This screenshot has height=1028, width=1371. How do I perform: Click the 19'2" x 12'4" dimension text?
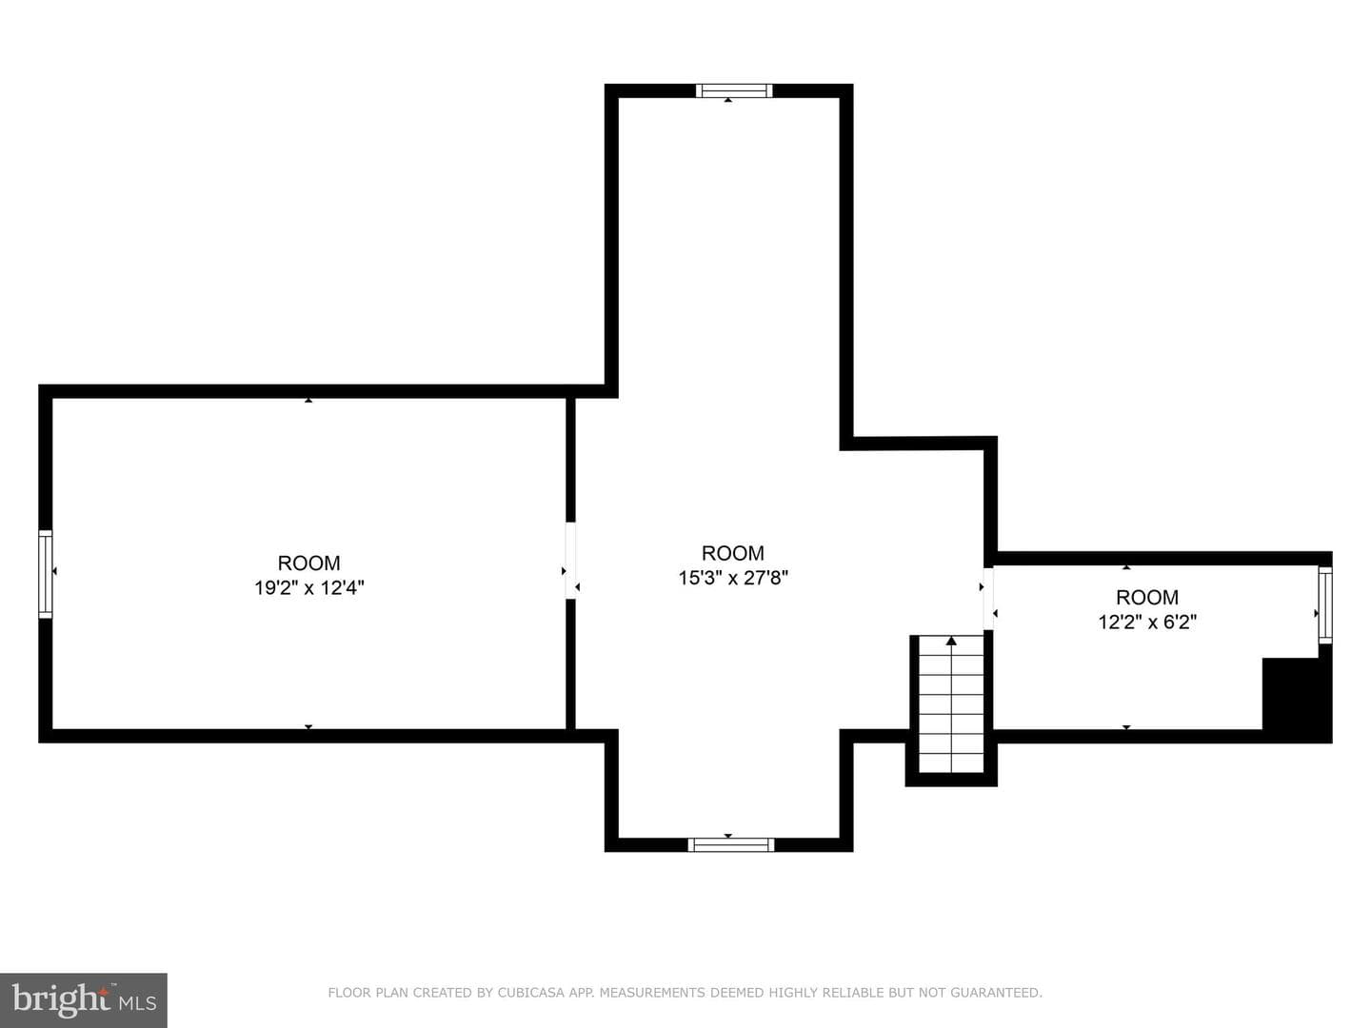point(309,588)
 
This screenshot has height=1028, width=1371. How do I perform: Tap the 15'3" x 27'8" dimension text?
point(733,578)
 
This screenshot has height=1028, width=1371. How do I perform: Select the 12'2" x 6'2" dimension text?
point(1147,623)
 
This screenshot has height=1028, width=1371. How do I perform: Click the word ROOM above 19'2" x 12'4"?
point(309,563)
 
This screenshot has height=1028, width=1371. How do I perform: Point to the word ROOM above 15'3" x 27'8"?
point(733,553)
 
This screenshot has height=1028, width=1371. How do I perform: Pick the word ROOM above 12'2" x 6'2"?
point(1147,598)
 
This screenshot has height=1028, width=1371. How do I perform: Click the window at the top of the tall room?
point(734,91)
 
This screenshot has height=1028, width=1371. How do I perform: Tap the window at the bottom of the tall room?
point(731,845)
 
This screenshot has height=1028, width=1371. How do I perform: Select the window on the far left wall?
point(46,574)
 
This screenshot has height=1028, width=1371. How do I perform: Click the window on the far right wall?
point(1324,604)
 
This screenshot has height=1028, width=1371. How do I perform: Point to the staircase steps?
point(950,704)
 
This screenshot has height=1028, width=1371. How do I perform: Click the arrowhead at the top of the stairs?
point(951,641)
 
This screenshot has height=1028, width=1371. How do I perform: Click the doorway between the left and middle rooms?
point(570,561)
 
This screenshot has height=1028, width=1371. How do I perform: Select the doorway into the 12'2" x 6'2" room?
point(988,599)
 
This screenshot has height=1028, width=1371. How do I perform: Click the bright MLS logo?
point(83,999)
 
